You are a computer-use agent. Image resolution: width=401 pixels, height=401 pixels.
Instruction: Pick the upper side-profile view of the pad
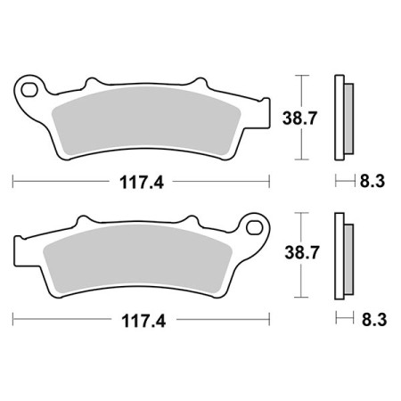(x=342, y=116)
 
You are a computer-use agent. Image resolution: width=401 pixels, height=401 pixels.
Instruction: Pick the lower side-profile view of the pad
(x=342, y=254)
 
